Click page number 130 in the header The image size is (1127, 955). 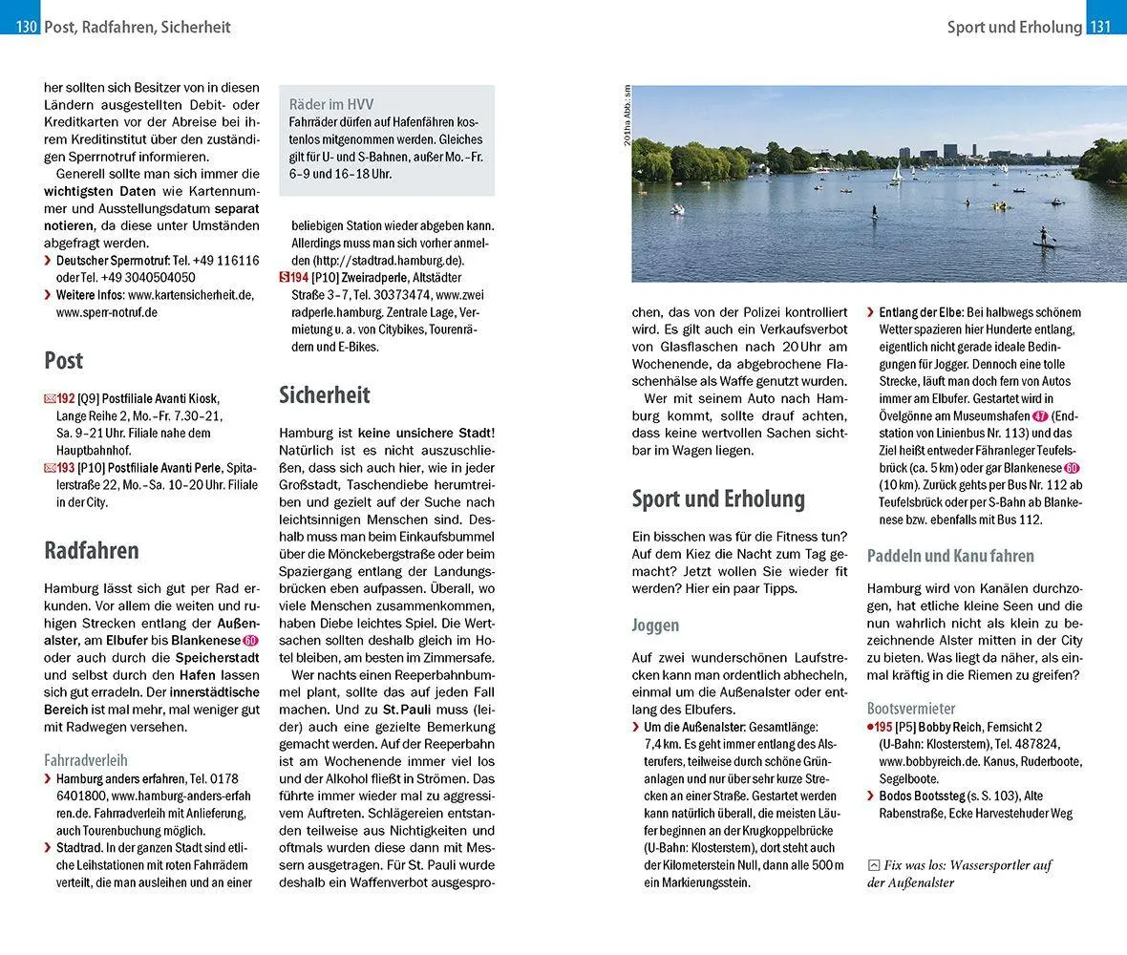click(x=26, y=28)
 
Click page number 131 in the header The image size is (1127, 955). click(x=1100, y=28)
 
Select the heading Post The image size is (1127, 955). click(x=63, y=361)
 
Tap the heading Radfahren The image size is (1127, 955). click(x=92, y=550)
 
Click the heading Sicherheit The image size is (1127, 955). click(x=324, y=395)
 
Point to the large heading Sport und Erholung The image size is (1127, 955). click(x=718, y=499)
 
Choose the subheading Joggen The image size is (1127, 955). click(x=655, y=626)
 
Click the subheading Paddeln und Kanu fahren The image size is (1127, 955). click(x=950, y=556)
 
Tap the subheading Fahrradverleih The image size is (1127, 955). click(x=86, y=760)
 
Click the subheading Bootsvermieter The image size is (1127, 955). click(x=911, y=709)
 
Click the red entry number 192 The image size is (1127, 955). click(x=66, y=398)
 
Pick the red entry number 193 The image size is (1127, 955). click(x=66, y=468)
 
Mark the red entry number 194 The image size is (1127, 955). click(x=300, y=277)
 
